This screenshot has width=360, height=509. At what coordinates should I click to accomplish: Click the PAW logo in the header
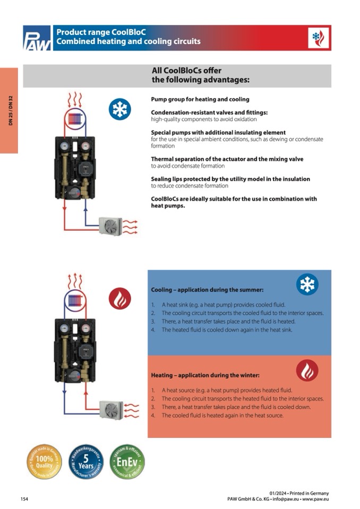tap(37, 38)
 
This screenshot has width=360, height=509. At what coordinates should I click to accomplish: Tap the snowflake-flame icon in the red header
tap(318, 38)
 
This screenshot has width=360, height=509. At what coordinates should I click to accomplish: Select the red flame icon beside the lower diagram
tap(119, 298)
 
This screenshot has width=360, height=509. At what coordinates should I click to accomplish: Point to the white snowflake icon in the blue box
tap(307, 284)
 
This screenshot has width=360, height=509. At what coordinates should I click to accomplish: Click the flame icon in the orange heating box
tap(307, 370)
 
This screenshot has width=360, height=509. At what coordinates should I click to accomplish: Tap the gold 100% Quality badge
tap(45, 462)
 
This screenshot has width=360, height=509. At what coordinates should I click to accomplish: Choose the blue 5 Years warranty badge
tap(86, 462)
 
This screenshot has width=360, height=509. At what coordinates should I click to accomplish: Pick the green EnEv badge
tap(127, 462)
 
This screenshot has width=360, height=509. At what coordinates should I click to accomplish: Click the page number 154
tap(24, 499)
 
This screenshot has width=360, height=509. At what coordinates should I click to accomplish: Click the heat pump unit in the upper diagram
tap(111, 226)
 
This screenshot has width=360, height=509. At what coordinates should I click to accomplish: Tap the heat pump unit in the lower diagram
tap(111, 410)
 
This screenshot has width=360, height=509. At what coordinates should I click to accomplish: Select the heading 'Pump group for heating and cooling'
tap(200, 99)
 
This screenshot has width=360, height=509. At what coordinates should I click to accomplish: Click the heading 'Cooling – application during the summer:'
tap(207, 290)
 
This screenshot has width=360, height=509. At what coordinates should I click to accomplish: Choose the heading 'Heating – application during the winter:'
tap(204, 375)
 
